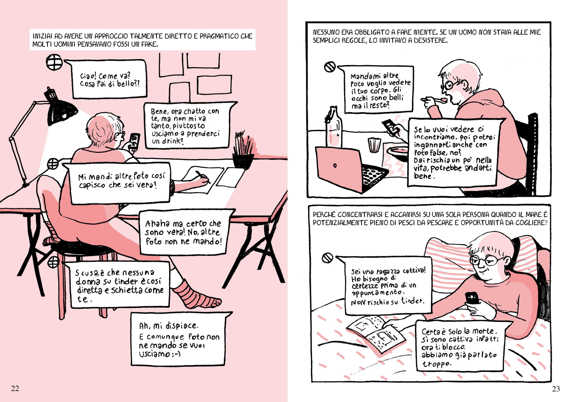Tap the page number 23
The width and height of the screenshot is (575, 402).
[556, 389]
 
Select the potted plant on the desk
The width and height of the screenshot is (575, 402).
[243, 150]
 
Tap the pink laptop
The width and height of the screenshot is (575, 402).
[351, 170]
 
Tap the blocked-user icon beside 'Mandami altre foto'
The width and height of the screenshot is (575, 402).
[330, 67]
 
